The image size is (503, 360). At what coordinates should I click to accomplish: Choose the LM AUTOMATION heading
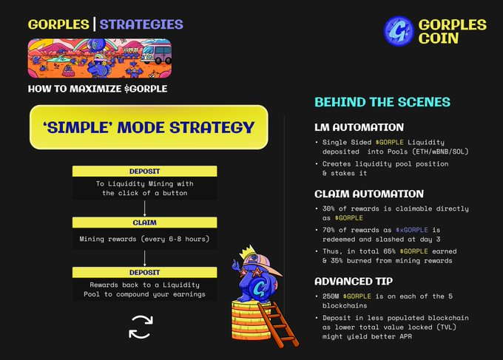(x=359, y=127)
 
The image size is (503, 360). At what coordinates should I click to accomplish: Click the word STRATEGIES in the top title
(x=141, y=24)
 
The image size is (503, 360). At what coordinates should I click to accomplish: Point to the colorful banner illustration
(x=99, y=58)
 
